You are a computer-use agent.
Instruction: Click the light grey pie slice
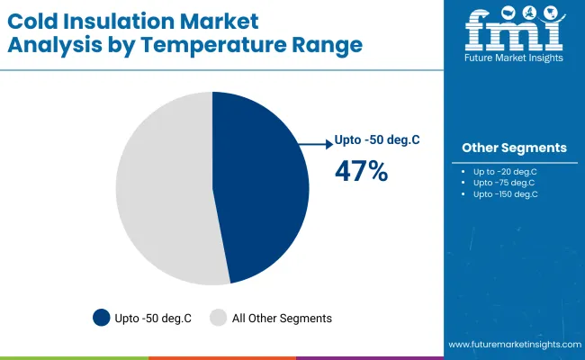click(x=162, y=189)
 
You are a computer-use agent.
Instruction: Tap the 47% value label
click(x=361, y=171)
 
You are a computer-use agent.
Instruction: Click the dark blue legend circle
click(x=102, y=317)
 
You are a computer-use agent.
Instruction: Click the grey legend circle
click(x=218, y=317)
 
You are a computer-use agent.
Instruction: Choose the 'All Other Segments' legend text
click(x=283, y=318)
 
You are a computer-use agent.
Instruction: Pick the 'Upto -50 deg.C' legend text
click(x=154, y=318)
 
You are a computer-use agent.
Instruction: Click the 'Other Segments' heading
click(x=514, y=148)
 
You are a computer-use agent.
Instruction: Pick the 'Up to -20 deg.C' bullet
click(x=505, y=170)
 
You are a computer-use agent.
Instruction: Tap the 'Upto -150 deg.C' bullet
click(x=505, y=193)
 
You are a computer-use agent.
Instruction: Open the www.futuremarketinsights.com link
click(x=513, y=345)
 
